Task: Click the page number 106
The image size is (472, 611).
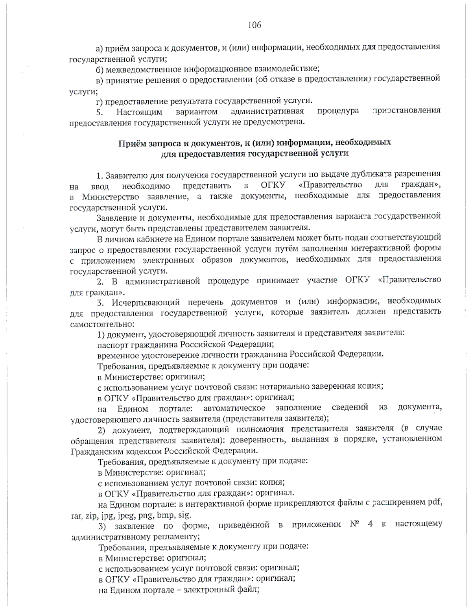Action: point(254,25)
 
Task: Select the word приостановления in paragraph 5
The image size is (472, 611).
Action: point(406,111)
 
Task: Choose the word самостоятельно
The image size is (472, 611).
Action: point(102,325)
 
